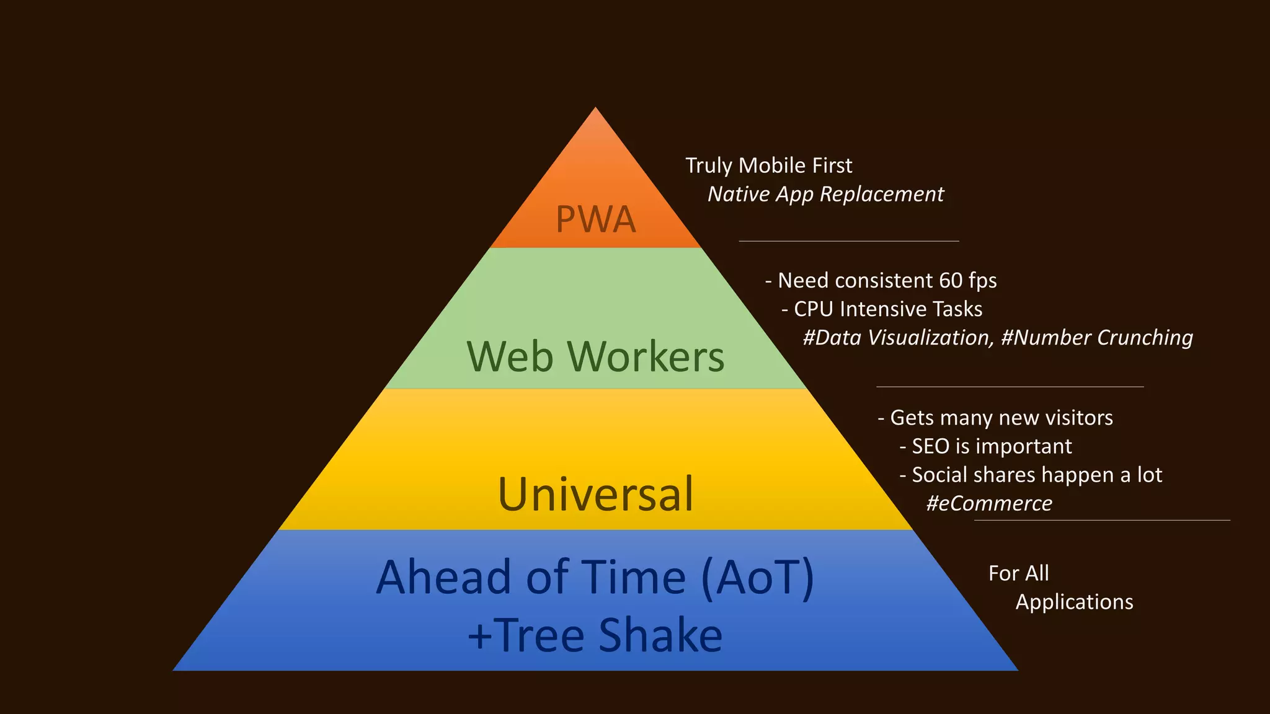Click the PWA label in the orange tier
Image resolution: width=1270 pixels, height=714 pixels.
point(595,219)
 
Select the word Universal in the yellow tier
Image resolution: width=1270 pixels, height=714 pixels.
point(595,494)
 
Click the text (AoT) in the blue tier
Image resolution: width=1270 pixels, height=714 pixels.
point(757,578)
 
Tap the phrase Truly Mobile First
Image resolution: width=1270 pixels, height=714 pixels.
point(768,165)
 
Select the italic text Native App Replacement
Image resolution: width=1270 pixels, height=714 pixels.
point(825,195)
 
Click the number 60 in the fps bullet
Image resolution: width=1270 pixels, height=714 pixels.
point(950,281)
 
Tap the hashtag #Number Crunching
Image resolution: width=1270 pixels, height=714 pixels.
point(1096,338)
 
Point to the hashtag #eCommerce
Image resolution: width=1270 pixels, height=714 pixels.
point(988,503)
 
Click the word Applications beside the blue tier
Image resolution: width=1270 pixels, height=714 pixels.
point(1074,602)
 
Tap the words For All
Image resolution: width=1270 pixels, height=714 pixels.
point(1018,573)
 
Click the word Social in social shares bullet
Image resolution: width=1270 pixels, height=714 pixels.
point(939,475)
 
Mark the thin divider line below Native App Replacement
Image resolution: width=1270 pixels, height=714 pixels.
point(848,241)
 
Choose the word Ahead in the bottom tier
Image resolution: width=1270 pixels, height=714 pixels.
point(443,578)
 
